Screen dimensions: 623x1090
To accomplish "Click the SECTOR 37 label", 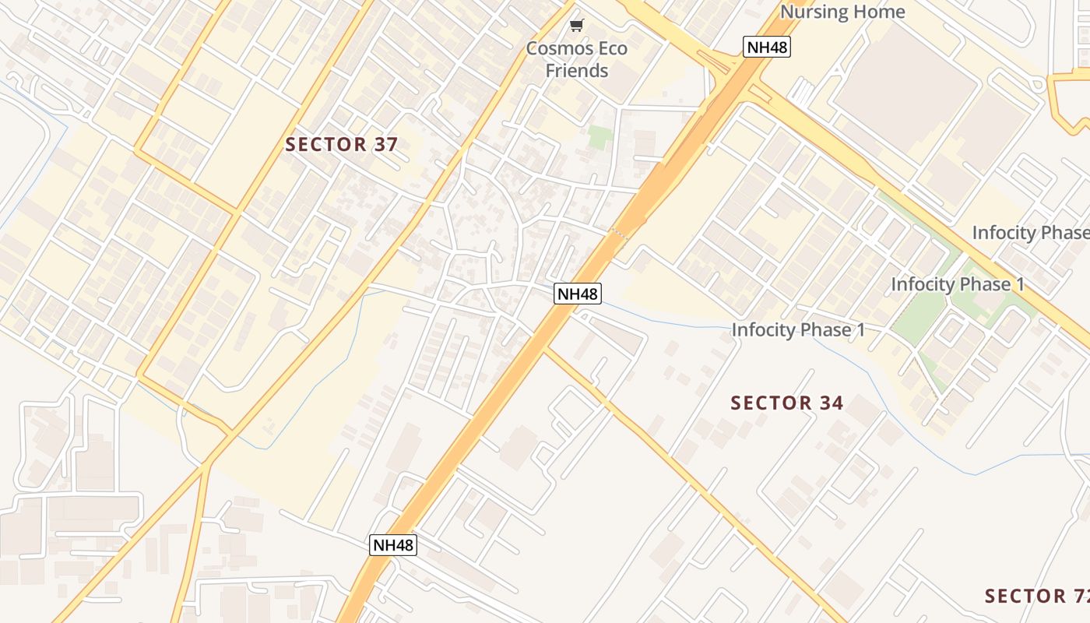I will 341,144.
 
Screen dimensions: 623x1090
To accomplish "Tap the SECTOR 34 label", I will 786,403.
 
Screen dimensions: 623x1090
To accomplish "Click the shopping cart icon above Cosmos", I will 576,26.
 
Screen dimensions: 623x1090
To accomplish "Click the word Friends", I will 576,71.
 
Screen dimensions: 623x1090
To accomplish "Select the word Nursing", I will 814,12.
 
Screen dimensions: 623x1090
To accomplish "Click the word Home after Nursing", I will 879,12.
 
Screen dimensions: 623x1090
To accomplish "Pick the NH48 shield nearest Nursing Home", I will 767,47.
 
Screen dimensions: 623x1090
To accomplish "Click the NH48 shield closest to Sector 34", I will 577,294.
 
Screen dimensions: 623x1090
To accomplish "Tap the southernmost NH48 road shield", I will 392,544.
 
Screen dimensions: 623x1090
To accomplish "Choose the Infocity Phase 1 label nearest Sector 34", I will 798,330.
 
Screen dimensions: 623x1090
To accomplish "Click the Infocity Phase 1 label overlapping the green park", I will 957,284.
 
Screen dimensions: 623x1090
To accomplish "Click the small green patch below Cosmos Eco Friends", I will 600,137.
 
